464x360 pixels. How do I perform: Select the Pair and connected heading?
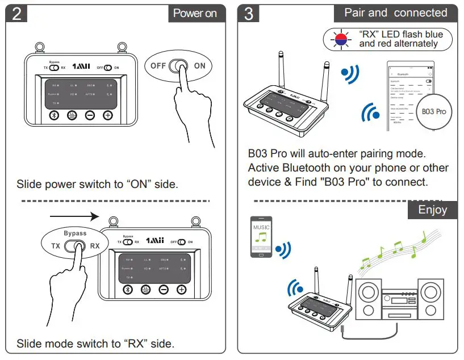click(396, 13)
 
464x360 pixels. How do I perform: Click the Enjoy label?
click(432, 210)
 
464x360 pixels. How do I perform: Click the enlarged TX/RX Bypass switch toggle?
click(75, 246)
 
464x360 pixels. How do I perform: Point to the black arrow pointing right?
click(74, 216)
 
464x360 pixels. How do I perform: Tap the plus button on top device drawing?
click(107, 116)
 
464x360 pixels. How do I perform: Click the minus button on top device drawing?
click(90, 116)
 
